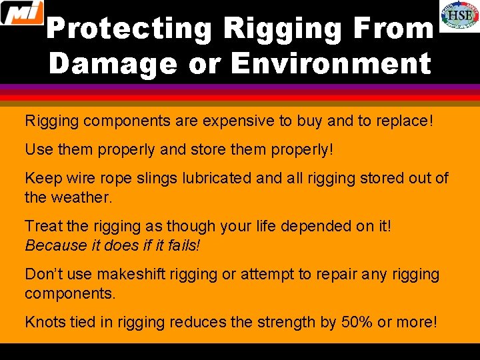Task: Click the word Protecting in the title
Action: click(129, 29)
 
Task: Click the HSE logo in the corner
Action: click(459, 15)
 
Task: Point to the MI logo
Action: click(21, 13)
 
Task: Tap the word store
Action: click(211, 150)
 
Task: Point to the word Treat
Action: click(43, 226)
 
